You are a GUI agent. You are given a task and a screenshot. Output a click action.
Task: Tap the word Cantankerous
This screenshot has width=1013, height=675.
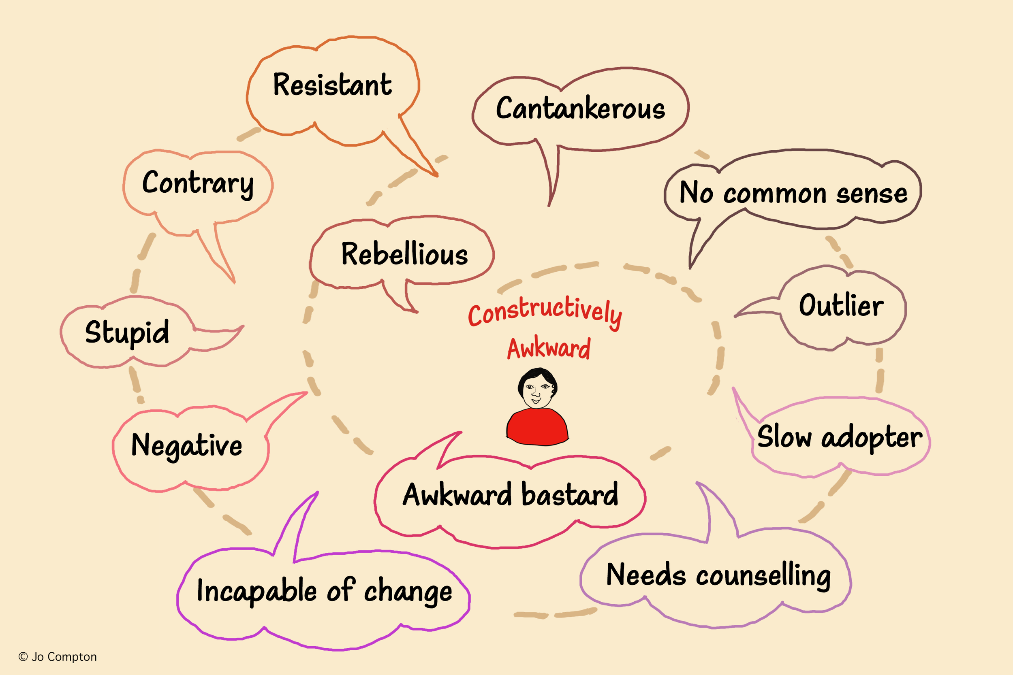(x=580, y=109)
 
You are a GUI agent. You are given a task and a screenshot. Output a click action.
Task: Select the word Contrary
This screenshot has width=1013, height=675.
(x=198, y=183)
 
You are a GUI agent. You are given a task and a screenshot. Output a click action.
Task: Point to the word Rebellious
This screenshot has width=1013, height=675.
(x=404, y=254)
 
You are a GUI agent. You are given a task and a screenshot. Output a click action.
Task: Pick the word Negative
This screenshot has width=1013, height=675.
(x=186, y=445)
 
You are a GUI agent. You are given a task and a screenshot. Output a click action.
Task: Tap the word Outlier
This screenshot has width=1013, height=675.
(x=841, y=306)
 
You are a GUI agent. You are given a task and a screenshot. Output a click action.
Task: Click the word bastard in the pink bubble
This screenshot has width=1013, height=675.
(x=570, y=495)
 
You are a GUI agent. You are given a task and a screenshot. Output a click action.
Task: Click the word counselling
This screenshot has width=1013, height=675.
(x=763, y=576)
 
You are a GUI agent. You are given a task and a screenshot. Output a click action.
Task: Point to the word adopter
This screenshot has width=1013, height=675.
(x=872, y=438)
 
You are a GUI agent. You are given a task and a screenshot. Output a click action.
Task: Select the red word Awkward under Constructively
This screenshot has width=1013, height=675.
(x=548, y=349)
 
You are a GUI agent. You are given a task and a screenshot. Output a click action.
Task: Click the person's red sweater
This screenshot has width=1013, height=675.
(x=537, y=428)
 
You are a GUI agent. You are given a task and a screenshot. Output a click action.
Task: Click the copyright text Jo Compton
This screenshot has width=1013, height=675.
(x=63, y=657)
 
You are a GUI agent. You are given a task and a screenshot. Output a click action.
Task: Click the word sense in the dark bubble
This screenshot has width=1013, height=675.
(x=872, y=194)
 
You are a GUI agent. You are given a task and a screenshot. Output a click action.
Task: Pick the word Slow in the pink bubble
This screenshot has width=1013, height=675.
(x=783, y=437)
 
